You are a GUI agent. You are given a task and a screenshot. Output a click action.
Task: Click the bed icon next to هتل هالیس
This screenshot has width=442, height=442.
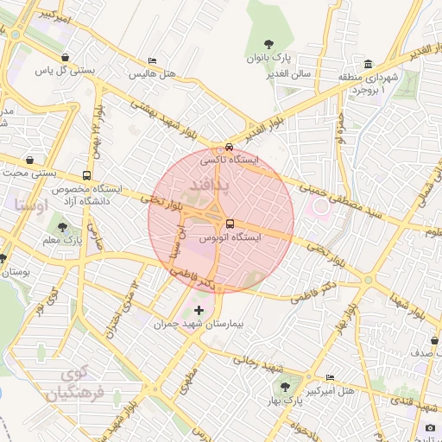152,60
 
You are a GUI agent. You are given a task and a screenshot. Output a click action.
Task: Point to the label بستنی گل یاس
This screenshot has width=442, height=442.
63,70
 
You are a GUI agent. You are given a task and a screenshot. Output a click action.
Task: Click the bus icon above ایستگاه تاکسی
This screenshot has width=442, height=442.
228,147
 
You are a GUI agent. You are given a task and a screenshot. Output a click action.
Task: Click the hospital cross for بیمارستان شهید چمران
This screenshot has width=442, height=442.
199,309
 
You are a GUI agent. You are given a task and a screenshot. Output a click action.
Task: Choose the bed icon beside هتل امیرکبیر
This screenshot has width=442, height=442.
331,378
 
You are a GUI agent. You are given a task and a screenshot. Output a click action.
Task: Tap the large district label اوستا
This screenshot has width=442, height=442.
31,205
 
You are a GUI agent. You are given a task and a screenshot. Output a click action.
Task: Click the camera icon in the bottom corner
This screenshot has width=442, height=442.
431,427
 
